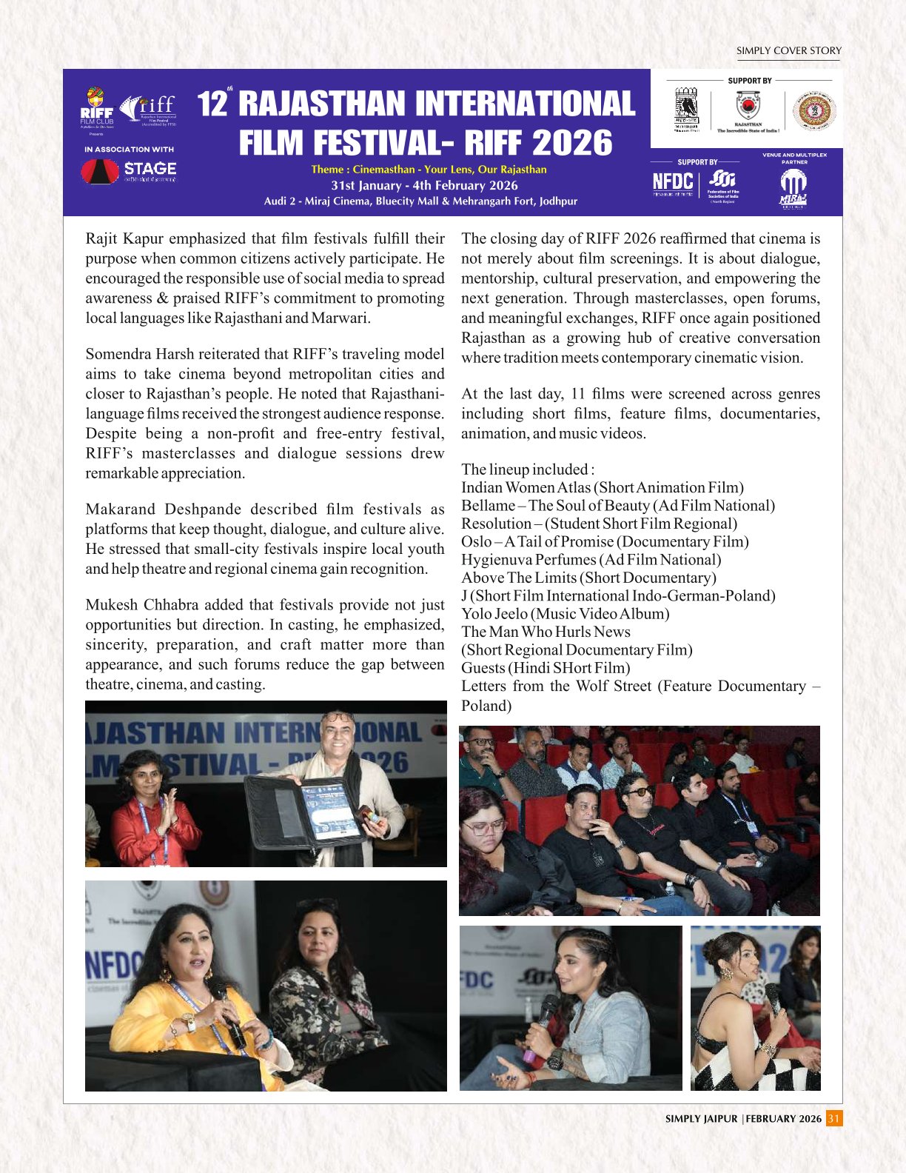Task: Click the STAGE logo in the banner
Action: [x=129, y=172]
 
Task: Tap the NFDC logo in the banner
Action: [x=672, y=182]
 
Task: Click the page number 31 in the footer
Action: [x=834, y=1118]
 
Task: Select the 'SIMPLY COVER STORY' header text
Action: [x=788, y=51]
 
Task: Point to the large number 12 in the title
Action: [x=212, y=104]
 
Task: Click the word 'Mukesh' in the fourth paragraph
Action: [x=110, y=604]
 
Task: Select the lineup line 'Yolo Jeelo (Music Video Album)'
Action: [x=566, y=613]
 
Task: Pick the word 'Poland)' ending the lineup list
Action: [x=486, y=705]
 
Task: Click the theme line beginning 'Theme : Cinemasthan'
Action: [x=429, y=170]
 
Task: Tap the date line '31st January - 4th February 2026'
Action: [x=424, y=185]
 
